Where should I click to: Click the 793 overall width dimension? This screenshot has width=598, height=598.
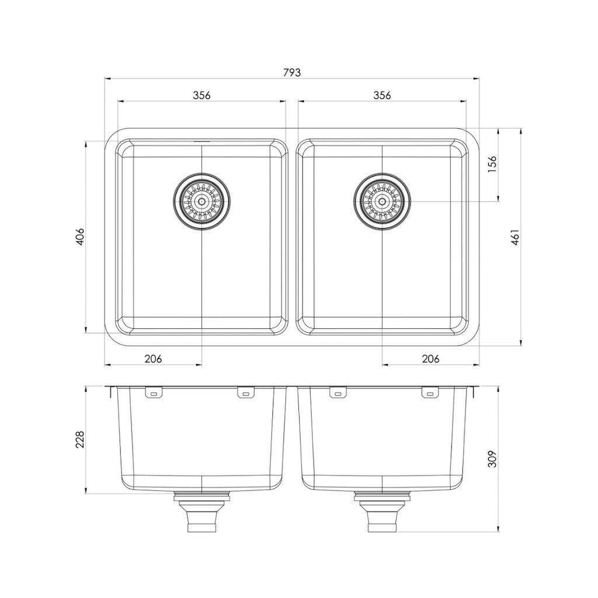[292, 73]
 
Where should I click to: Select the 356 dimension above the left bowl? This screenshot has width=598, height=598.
[201, 95]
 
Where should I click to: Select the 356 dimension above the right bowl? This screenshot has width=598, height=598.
[382, 95]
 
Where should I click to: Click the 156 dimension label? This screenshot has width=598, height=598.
[492, 164]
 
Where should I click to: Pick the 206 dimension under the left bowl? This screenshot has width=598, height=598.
[153, 359]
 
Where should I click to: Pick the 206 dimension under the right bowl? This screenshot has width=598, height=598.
[430, 359]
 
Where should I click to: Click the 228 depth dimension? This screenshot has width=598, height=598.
[81, 440]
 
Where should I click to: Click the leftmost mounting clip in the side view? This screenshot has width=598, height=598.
[154, 394]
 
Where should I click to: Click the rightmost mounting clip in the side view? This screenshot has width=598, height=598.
[430, 394]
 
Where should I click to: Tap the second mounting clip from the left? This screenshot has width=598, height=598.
[246, 394]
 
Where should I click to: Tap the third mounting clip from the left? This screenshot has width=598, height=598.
[338, 394]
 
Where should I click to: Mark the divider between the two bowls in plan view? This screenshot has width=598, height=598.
[292, 237]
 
